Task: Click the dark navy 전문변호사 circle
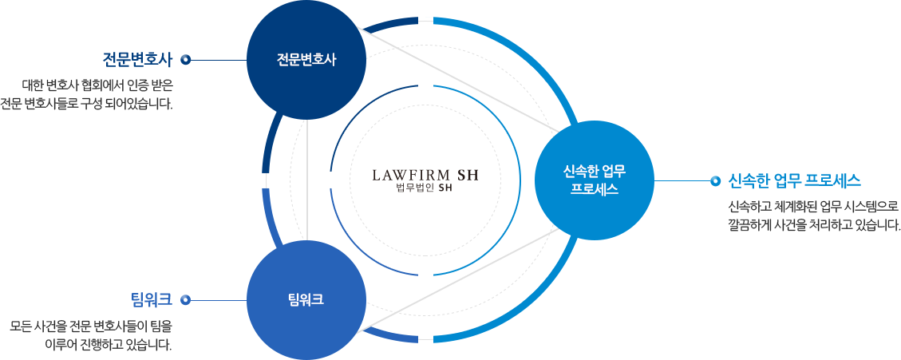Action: click(x=306, y=59)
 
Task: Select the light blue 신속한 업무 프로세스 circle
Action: click(x=595, y=180)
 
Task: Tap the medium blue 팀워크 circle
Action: click(x=306, y=300)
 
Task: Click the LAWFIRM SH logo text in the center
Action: click(x=425, y=174)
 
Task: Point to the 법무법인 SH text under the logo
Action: click(x=425, y=188)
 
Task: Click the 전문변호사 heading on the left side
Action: click(x=137, y=59)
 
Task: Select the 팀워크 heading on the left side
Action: click(x=151, y=300)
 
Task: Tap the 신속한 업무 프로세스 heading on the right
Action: click(x=794, y=180)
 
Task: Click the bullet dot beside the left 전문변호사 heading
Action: click(x=185, y=59)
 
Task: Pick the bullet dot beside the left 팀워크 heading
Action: click(x=185, y=300)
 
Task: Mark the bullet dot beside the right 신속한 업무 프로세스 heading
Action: click(x=715, y=180)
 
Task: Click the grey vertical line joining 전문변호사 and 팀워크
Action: click(x=307, y=180)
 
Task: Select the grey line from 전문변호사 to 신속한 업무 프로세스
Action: click(x=463, y=81)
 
